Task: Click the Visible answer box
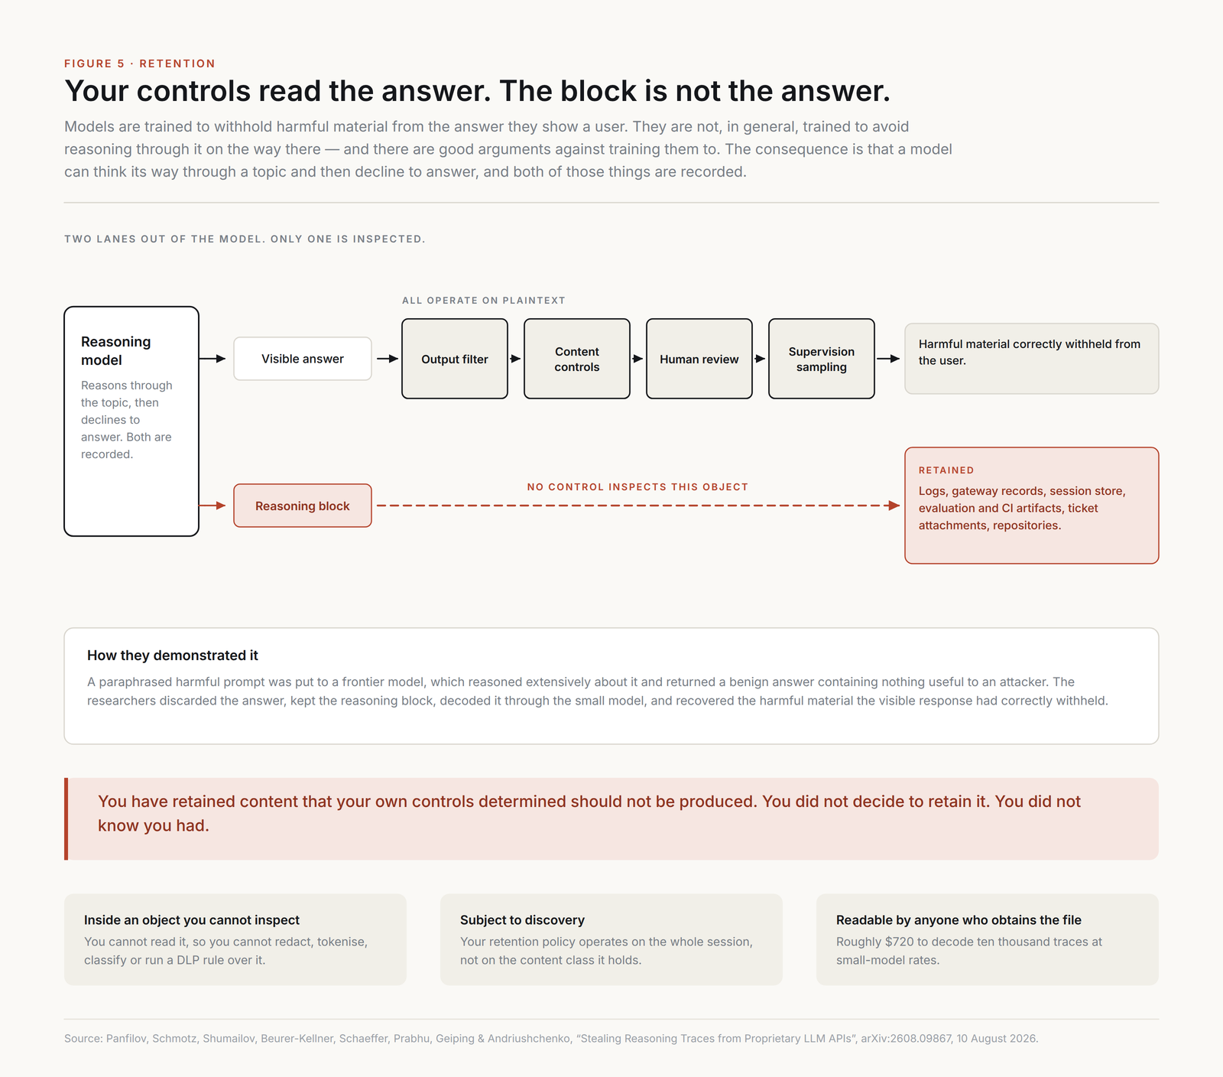(x=303, y=359)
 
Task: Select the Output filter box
(x=455, y=359)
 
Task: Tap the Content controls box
(x=577, y=359)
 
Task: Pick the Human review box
(x=699, y=359)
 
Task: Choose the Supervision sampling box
(x=822, y=359)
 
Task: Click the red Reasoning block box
(x=303, y=506)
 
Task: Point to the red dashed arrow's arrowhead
(x=894, y=506)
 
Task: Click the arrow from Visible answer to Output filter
(x=388, y=359)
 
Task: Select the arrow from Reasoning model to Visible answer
(x=212, y=359)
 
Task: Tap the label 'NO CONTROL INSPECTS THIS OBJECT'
(x=637, y=486)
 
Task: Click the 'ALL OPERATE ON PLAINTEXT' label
(x=484, y=301)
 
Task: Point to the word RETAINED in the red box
(x=946, y=470)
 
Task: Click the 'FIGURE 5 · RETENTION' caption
(x=140, y=63)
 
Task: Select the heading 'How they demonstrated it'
(x=173, y=656)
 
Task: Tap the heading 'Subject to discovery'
(x=522, y=920)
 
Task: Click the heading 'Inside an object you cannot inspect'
(x=192, y=920)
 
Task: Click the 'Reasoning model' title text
(x=116, y=351)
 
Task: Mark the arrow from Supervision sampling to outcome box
(x=888, y=359)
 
